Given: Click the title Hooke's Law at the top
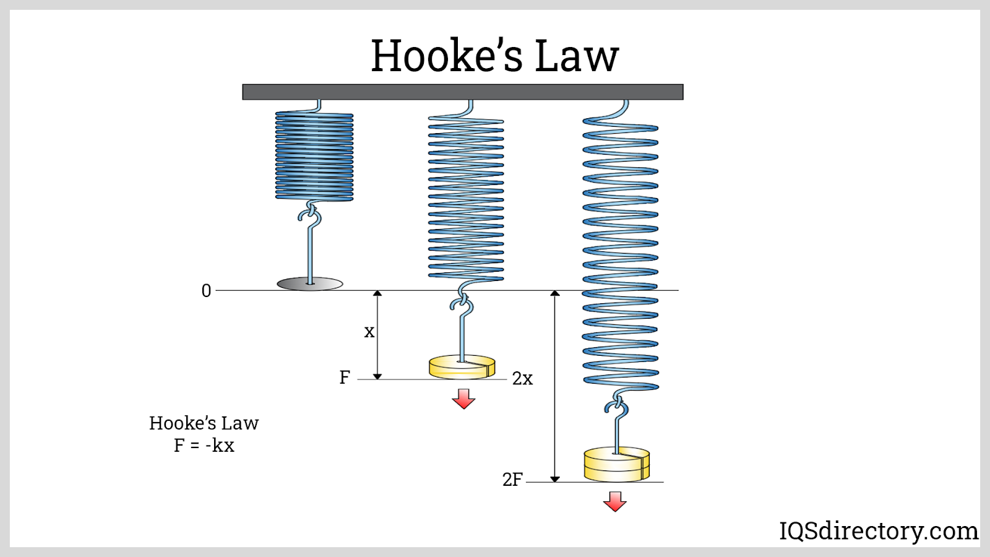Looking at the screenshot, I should tap(494, 56).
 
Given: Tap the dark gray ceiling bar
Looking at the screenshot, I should tap(462, 92).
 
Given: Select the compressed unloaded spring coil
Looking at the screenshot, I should tap(314, 156).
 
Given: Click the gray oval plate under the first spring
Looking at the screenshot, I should tap(309, 284).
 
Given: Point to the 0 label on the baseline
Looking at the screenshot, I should tap(206, 291).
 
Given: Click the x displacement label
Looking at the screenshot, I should tap(369, 332).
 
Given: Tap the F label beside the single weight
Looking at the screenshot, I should tap(345, 377).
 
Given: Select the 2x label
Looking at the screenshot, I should tap(522, 378).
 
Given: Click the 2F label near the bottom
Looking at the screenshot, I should tap(512, 480).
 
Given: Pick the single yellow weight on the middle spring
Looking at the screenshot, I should tap(462, 366).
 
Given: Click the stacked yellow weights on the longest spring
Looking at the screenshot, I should tap(617, 464).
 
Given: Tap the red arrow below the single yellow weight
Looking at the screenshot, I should tap(463, 399).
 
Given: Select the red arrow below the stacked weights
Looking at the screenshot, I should tap(615, 501).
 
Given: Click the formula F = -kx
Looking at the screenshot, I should tap(204, 446).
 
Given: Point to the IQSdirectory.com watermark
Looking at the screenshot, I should tap(878, 531).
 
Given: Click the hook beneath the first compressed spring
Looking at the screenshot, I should tap(310, 215).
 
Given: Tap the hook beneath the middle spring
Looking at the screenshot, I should tap(462, 304).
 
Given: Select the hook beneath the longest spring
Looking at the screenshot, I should tap(617, 407).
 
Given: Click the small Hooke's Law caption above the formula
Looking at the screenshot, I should tap(204, 423).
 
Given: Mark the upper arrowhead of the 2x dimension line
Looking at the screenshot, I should tap(555, 293).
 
